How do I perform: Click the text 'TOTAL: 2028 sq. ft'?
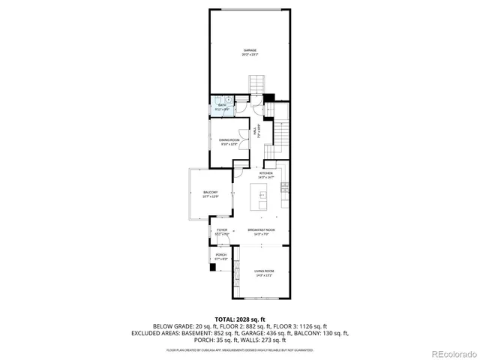point(239,319)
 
